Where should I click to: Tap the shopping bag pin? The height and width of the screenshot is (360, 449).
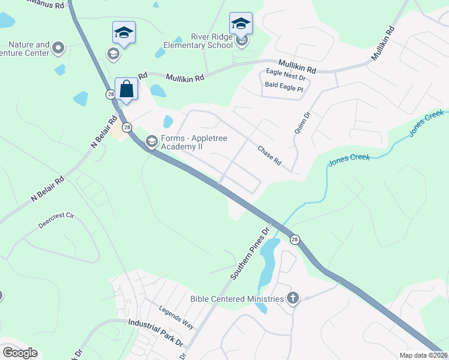(127, 89)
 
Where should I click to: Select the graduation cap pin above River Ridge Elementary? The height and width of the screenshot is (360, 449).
(241, 23)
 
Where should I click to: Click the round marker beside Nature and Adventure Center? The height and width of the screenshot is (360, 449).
(58, 47)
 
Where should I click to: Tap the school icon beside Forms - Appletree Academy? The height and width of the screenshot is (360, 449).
(151, 142)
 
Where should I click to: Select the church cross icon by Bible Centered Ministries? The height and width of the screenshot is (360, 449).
(292, 298)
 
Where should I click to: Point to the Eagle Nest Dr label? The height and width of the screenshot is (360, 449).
(286, 77)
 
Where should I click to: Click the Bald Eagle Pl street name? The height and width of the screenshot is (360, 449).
(285, 85)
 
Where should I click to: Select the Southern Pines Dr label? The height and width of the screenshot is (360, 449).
(251, 253)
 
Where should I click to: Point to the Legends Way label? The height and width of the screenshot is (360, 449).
(176, 317)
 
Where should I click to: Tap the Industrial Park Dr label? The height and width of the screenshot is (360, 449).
(155, 331)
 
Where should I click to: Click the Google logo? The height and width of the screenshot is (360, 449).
(20, 353)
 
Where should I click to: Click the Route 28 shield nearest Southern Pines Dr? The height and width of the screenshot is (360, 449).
(294, 239)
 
